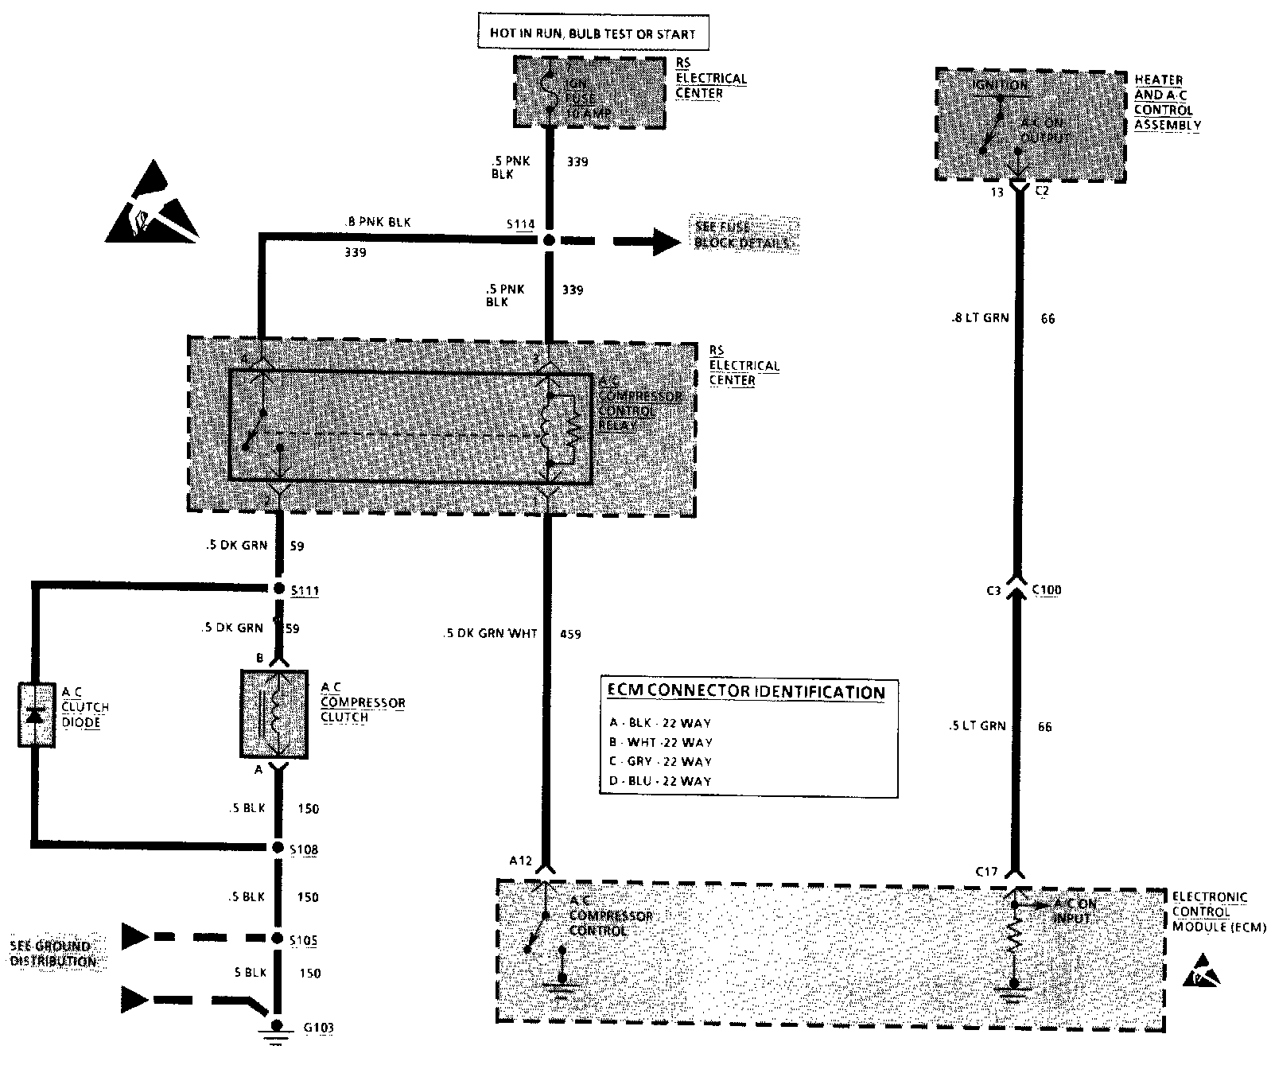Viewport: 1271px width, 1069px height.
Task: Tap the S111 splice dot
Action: [x=278, y=589]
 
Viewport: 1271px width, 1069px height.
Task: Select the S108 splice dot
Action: [x=278, y=847]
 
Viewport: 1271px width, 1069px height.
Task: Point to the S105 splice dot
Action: [x=278, y=939]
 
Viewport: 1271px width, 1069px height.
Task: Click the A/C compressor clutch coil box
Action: [x=274, y=713]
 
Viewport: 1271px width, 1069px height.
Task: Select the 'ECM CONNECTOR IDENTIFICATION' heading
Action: [x=746, y=691]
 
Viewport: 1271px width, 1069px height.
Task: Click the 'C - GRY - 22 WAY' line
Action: [x=659, y=761]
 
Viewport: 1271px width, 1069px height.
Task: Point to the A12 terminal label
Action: [x=521, y=860]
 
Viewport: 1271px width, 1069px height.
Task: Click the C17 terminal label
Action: [x=986, y=872]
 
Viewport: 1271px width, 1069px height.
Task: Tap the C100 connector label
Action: [x=1046, y=590]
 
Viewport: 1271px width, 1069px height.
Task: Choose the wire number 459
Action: [x=570, y=634]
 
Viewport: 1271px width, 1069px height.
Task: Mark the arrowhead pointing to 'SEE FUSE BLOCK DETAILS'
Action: [x=667, y=241]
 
